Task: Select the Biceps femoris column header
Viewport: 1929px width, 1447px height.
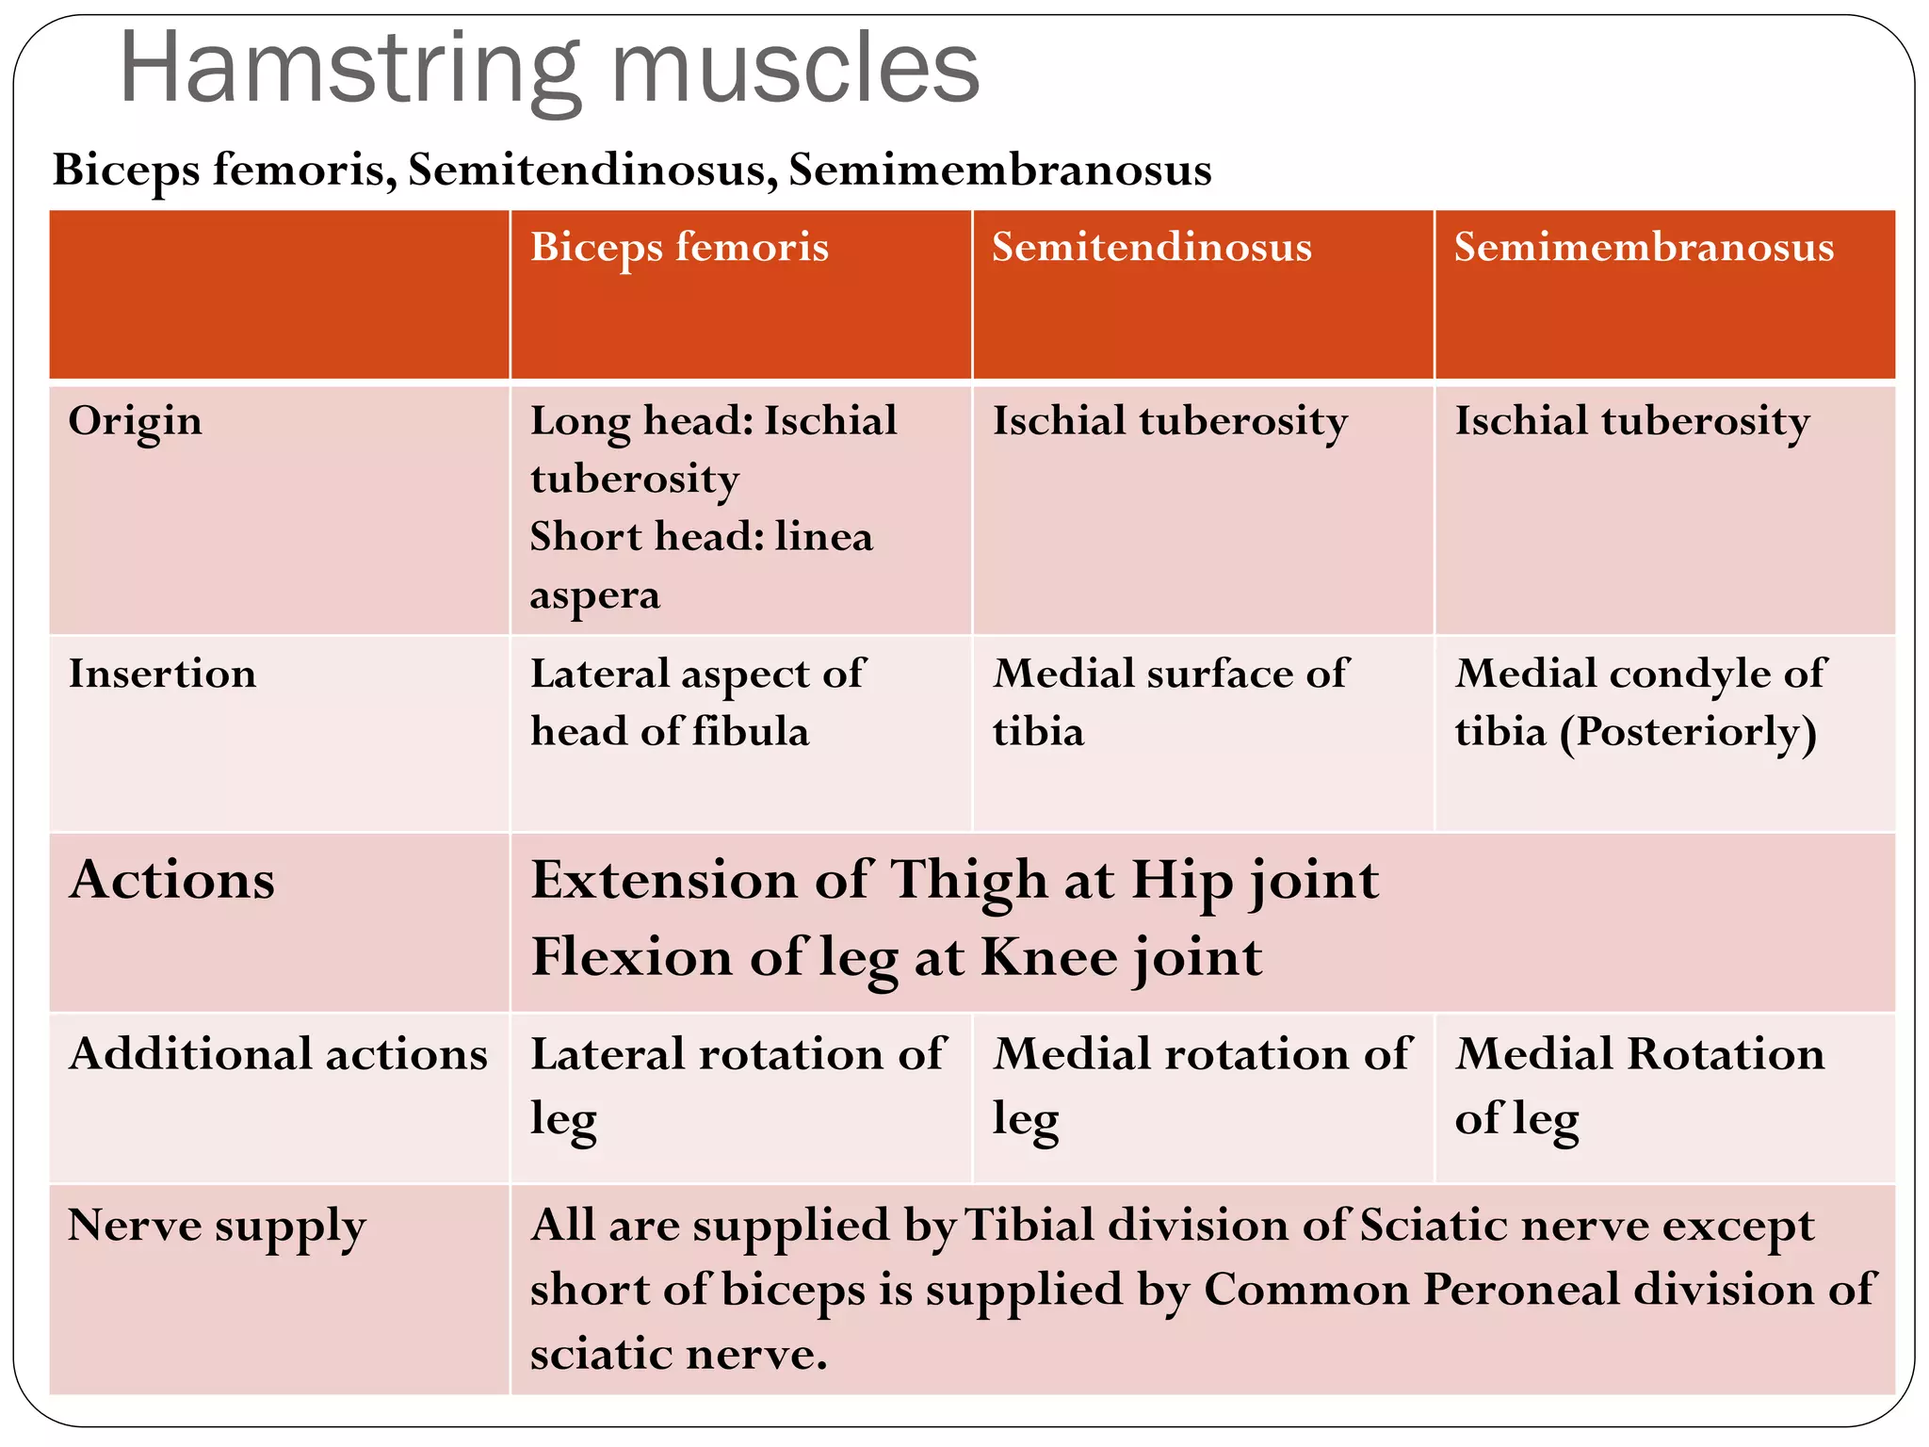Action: pos(679,247)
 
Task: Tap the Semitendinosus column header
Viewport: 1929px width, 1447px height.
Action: pos(1151,247)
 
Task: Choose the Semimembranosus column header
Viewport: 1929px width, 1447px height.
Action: pos(1644,247)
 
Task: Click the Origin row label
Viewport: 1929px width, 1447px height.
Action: pos(136,421)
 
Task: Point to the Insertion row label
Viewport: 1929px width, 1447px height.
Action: pos(162,674)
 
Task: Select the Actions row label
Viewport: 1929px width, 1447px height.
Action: pos(172,880)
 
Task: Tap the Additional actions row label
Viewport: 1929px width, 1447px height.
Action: pos(278,1053)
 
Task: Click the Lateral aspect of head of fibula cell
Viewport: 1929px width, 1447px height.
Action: pos(697,703)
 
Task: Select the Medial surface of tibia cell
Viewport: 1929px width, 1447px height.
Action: pos(1170,703)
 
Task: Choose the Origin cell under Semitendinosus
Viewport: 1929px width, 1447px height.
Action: pos(1170,421)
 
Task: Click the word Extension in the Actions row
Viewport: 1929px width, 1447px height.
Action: pos(664,880)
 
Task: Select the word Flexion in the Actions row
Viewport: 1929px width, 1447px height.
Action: pos(632,957)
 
